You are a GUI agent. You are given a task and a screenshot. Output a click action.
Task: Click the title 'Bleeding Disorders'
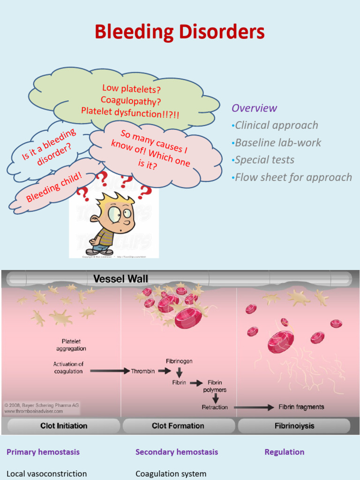pos(180,32)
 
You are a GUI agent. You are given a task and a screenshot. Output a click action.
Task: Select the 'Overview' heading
pos(254,108)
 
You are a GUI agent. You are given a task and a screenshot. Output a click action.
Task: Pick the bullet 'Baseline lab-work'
pos(278,142)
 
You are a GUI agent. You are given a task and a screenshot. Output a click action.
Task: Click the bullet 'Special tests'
pos(264,160)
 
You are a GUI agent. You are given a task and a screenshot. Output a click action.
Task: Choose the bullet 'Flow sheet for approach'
pos(293,177)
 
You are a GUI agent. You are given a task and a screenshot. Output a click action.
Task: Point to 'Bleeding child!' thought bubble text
pos(54,187)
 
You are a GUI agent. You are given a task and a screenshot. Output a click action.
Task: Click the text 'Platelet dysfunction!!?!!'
pos(130,112)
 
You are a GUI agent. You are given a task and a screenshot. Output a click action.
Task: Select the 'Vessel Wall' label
pos(120,279)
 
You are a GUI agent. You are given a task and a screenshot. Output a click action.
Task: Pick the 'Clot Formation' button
pos(178,426)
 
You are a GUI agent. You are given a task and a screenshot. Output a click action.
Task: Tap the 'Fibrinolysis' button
pos(294,426)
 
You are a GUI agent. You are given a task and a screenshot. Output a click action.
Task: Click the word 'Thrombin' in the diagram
pos(143,371)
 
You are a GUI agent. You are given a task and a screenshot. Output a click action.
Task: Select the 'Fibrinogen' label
pos(179,361)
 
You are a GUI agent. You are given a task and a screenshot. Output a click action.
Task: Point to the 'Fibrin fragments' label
pos(301,407)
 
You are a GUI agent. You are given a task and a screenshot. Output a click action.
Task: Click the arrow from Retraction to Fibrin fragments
pos(254,407)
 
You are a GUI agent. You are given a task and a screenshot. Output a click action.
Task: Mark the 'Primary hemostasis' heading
pos(43,452)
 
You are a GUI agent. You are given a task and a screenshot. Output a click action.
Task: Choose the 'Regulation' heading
pos(285,452)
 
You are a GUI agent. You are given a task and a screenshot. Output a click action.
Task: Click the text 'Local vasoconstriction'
pos(47,473)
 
